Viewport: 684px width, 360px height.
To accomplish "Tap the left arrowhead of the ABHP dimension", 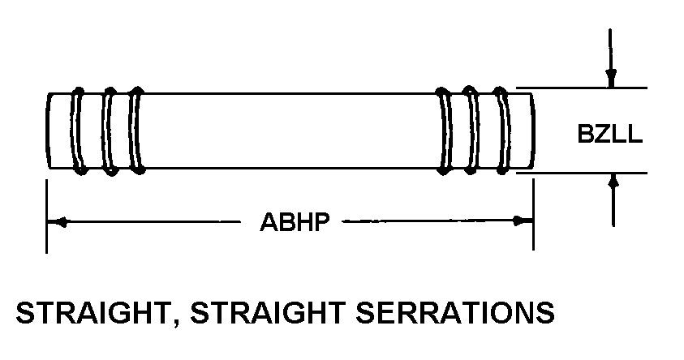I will point(55,221).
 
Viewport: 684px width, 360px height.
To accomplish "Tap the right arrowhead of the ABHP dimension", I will point(524,221).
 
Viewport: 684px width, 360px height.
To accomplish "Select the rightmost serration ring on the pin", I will point(505,130).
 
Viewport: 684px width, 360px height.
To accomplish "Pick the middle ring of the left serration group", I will point(107,130).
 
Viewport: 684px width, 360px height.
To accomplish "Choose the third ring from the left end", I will point(136,130).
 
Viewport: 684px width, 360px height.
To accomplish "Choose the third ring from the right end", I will point(445,130).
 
